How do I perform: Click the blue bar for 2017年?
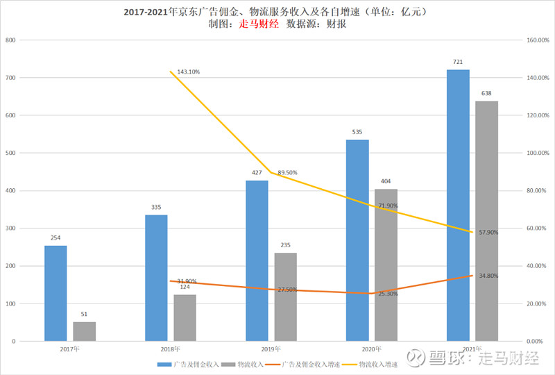(x=55, y=293)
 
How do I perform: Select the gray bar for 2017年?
(x=85, y=331)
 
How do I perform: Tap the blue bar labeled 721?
(x=458, y=205)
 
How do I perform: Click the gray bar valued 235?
(x=285, y=297)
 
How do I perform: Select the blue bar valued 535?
(x=357, y=240)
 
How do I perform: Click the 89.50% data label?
(x=287, y=173)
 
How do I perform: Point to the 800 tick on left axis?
(x=10, y=40)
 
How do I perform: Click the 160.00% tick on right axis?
(x=538, y=40)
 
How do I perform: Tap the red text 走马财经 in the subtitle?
(x=258, y=24)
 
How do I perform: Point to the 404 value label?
(x=386, y=181)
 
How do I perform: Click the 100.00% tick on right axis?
(x=538, y=153)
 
